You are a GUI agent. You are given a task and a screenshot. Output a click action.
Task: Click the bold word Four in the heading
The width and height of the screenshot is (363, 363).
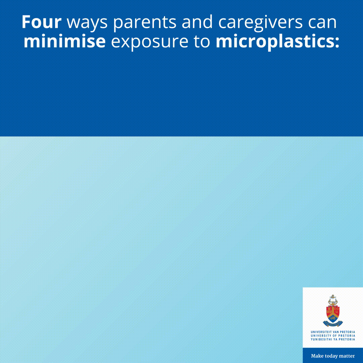[x=42, y=22]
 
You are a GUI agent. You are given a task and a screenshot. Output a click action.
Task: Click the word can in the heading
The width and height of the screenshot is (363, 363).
[x=322, y=24]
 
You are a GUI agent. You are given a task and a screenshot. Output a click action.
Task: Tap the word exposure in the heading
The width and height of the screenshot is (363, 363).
[x=150, y=43]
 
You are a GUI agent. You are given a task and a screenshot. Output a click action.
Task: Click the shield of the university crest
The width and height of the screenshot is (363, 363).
[x=333, y=313]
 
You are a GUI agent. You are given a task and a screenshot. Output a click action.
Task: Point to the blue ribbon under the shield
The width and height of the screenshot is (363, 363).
[x=333, y=323]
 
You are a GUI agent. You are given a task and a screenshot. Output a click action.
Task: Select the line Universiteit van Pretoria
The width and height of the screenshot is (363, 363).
[x=333, y=332]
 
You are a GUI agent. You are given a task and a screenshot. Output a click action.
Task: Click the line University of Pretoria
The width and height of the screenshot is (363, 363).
[x=333, y=336]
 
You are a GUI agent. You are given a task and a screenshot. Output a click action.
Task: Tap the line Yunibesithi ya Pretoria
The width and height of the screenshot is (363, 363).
[x=333, y=339]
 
